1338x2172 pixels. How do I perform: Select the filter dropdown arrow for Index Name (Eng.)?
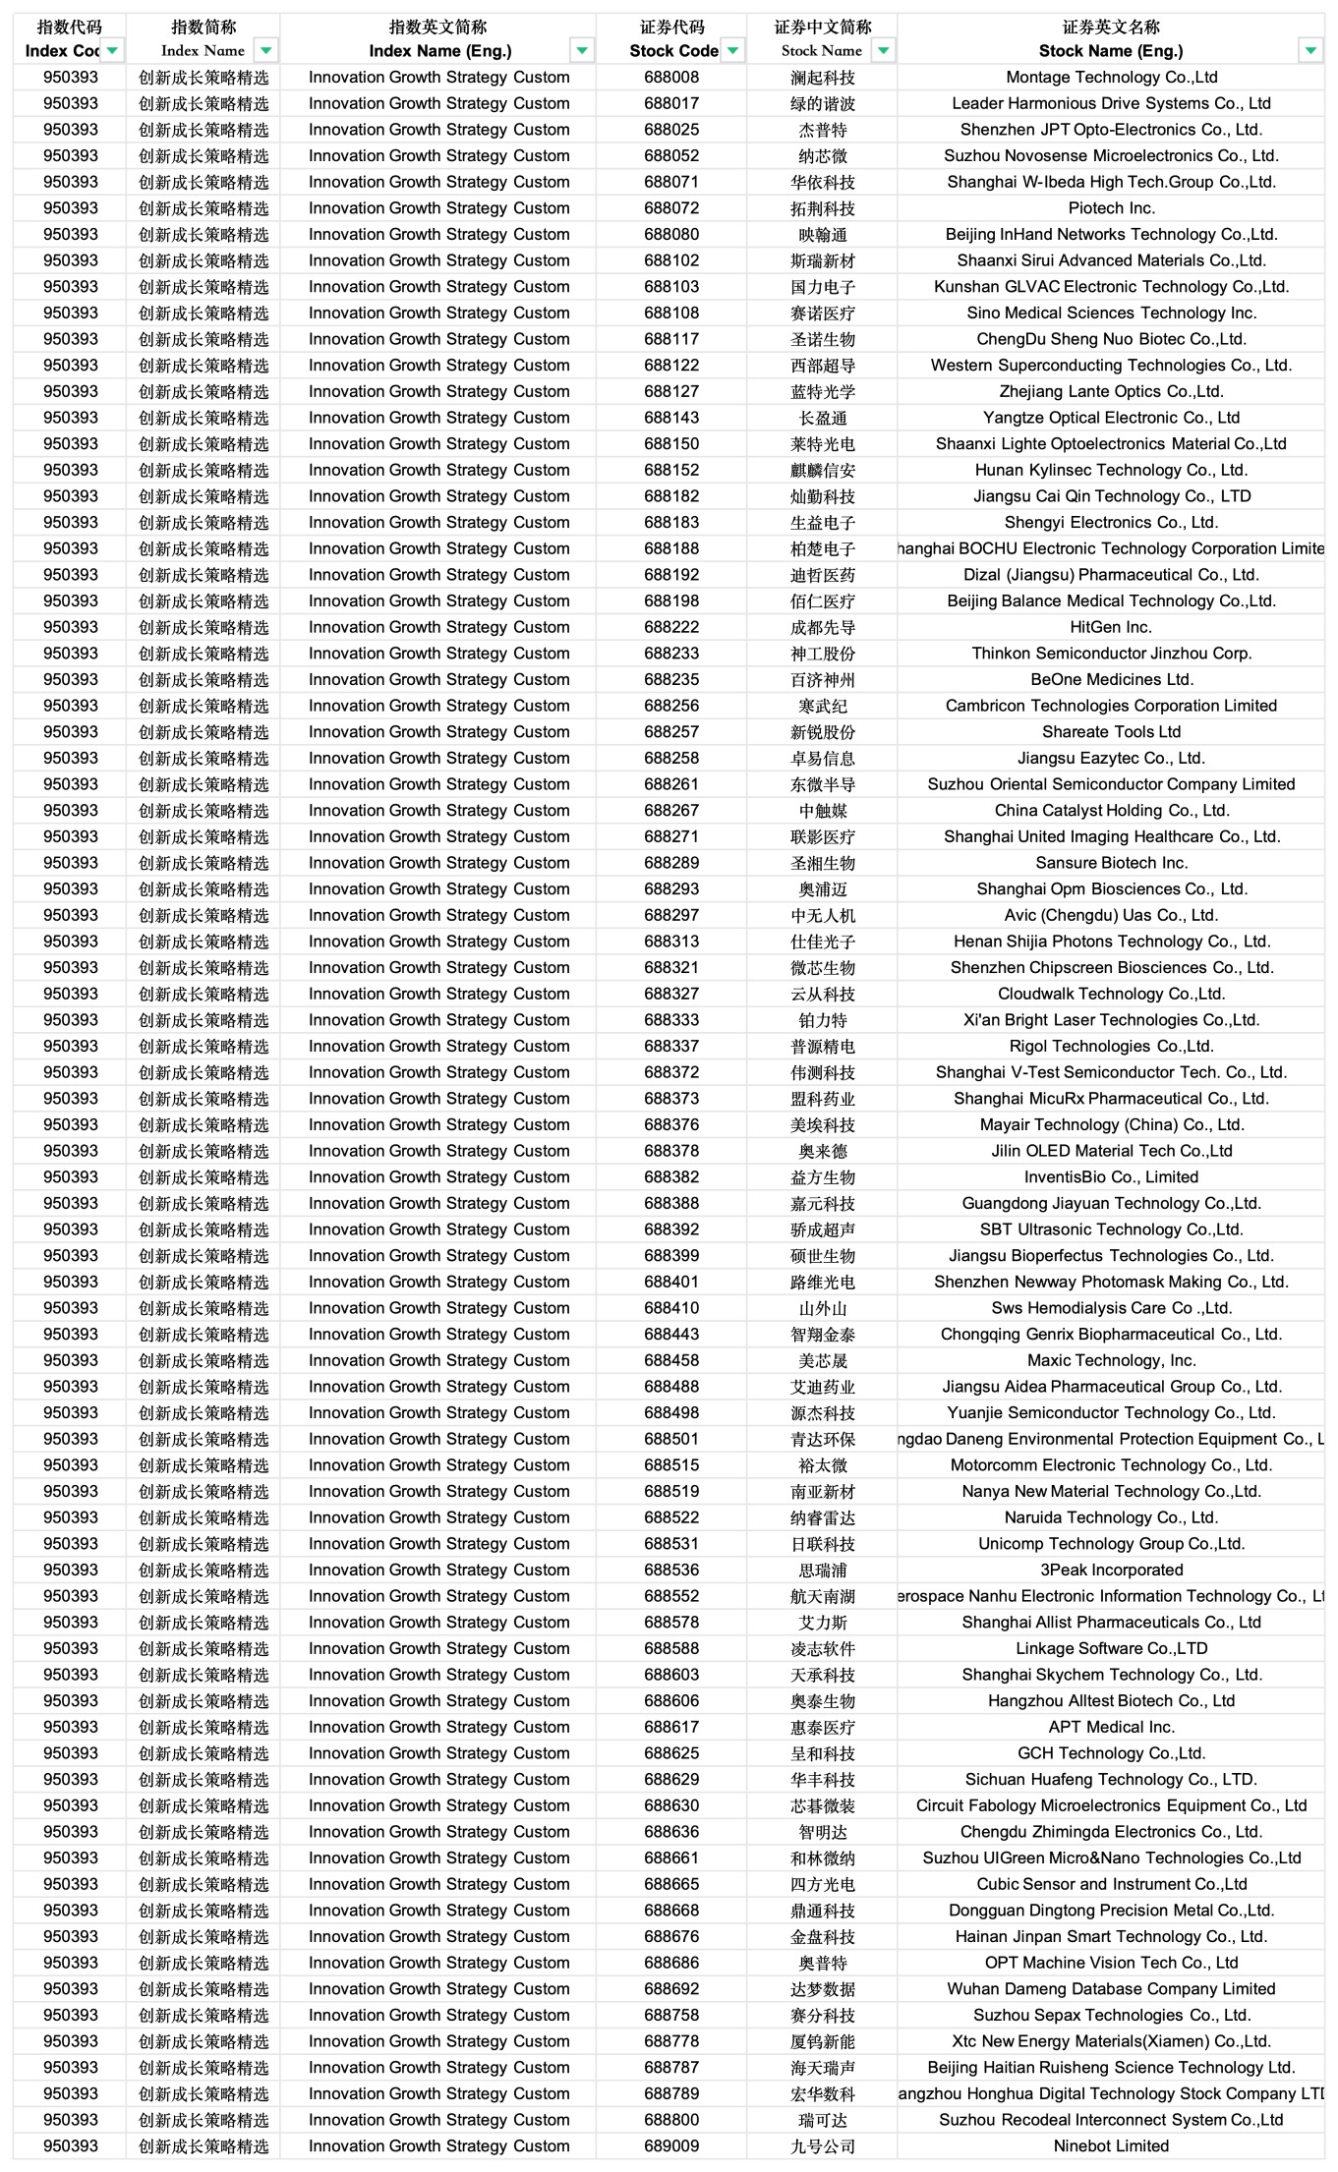click(582, 51)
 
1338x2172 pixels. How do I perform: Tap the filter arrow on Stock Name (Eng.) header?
click(1310, 51)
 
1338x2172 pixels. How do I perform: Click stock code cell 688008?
click(671, 78)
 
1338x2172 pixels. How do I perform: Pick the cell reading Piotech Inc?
click(1111, 208)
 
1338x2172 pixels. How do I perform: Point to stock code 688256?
click(671, 706)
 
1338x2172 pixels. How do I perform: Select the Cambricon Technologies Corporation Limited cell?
click(1111, 706)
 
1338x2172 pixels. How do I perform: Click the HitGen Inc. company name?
click(1111, 627)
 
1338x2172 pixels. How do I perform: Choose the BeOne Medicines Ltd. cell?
click(1111, 679)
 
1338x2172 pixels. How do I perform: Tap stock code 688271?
click(671, 836)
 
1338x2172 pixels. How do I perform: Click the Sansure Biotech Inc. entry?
click(1111, 863)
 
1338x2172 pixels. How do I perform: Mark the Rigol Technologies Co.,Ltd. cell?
click(1111, 1046)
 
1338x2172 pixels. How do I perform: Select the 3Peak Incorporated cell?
click(1111, 1570)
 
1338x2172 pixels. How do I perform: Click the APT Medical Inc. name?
click(1111, 1727)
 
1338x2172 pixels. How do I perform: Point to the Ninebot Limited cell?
click(1111, 2145)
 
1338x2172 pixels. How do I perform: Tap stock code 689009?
click(671, 2145)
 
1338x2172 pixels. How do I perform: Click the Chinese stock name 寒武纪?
click(823, 706)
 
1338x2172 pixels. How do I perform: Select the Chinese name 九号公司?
click(823, 2145)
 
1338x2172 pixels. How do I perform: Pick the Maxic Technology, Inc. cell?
click(1111, 1360)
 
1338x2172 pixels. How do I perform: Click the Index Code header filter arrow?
click(113, 51)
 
